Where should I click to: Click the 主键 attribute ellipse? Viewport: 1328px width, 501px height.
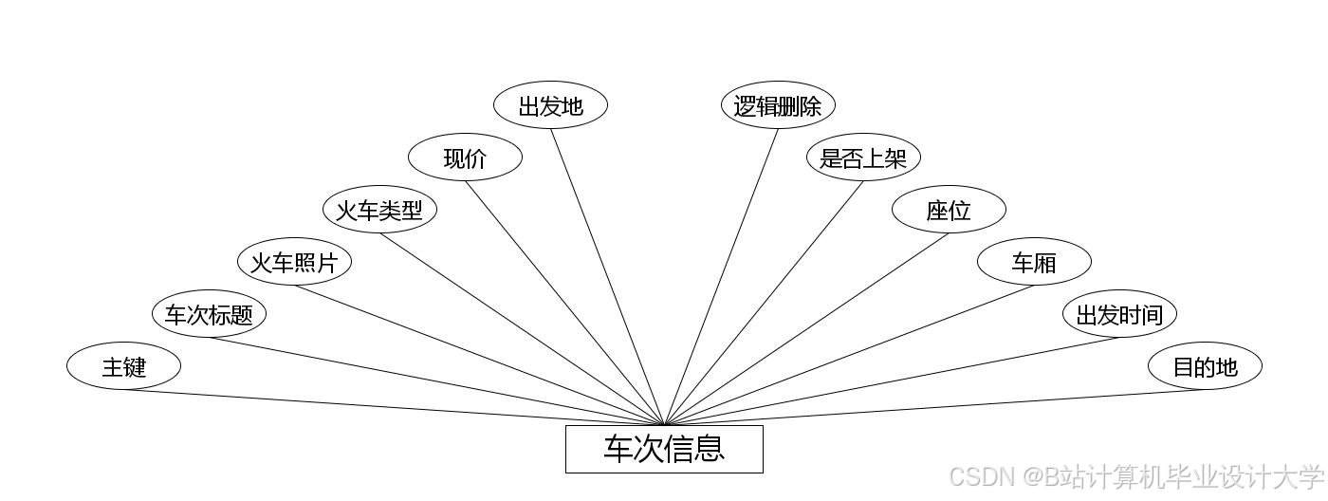coord(123,366)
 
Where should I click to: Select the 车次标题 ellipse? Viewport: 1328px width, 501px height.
coord(209,314)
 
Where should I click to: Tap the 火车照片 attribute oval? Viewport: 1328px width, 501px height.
coord(294,262)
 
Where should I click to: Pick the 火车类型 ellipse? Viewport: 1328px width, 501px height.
coord(379,210)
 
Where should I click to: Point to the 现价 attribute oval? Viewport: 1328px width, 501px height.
coord(465,158)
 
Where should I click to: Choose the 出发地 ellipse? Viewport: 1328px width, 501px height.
coord(550,105)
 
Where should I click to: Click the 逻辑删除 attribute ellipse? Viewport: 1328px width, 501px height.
coord(778,105)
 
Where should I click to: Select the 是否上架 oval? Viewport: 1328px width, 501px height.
coord(863,158)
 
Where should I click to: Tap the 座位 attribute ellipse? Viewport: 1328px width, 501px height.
coord(949,210)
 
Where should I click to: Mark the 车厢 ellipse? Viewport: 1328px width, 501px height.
coord(1034,262)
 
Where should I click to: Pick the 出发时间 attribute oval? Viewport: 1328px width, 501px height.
coord(1119,314)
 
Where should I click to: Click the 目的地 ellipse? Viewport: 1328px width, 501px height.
coord(1205,366)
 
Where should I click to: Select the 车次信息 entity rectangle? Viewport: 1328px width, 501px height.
coord(664,449)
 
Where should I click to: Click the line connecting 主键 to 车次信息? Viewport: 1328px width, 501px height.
coord(394,408)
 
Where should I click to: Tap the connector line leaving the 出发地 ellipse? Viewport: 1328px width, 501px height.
coord(607,277)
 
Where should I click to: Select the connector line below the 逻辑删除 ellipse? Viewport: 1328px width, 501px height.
coord(721,277)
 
